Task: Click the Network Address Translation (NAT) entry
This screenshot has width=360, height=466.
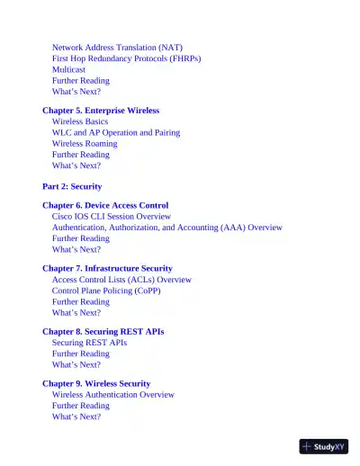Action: coord(117,47)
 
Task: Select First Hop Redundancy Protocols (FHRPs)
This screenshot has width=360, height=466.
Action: coord(126,58)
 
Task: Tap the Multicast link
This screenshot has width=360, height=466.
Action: coord(69,69)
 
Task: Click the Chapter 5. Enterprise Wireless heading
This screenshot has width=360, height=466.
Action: coord(101,111)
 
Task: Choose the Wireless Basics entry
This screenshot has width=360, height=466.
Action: coord(80,121)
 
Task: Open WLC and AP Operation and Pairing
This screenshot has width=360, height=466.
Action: coord(115,132)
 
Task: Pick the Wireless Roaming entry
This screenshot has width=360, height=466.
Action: coord(85,143)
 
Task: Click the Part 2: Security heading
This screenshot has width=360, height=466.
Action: coord(72,186)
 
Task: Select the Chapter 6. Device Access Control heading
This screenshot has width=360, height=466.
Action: coord(105,206)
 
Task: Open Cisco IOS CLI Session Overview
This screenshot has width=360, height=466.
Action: coord(112,217)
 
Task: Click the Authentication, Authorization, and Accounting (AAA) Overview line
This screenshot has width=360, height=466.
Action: coord(167,228)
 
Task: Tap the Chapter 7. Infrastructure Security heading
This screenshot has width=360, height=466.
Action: coord(107,269)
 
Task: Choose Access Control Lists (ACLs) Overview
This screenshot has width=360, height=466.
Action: coord(121,280)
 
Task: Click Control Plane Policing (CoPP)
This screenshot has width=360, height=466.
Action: coord(106,291)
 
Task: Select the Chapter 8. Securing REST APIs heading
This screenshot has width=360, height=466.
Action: coord(103,332)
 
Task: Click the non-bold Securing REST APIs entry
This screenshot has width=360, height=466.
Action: coord(89,343)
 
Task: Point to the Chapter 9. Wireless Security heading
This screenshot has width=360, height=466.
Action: coord(96,384)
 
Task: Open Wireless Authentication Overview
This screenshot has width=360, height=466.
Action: coord(113,395)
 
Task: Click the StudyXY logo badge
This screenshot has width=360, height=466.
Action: coord(324,446)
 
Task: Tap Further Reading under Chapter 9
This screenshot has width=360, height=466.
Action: coord(81,406)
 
